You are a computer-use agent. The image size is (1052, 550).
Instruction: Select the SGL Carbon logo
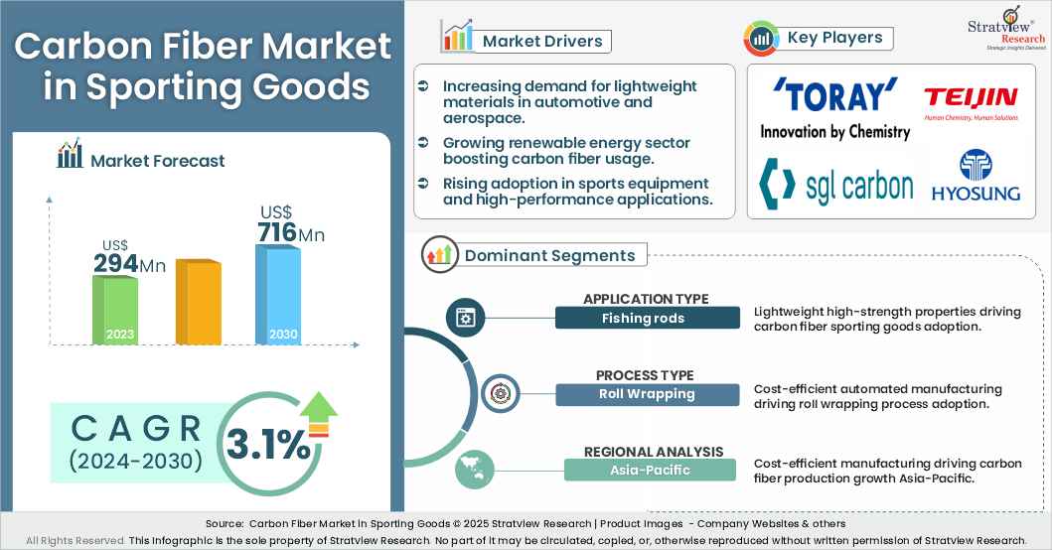click(x=835, y=185)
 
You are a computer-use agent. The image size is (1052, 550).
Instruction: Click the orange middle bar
click(x=198, y=302)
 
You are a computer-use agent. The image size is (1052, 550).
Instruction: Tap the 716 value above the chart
click(x=277, y=233)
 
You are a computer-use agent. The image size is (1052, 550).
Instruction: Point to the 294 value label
click(x=115, y=264)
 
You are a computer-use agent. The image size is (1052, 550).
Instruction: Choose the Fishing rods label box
click(x=647, y=318)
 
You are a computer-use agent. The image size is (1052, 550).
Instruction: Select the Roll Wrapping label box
click(x=647, y=394)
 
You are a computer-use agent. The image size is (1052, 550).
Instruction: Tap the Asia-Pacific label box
click(x=651, y=470)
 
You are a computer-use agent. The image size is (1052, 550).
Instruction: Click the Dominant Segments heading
click(x=549, y=255)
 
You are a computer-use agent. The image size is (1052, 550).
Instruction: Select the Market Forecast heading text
click(x=157, y=161)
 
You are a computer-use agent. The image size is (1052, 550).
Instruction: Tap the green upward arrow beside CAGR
click(x=319, y=409)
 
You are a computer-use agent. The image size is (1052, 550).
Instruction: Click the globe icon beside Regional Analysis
click(x=474, y=469)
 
